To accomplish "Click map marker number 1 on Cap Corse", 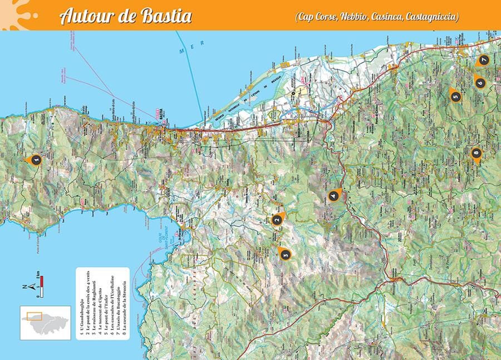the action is [x=35, y=160].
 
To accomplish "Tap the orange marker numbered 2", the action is [x=277, y=220].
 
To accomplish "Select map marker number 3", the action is [x=285, y=254].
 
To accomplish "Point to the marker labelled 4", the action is [x=333, y=195].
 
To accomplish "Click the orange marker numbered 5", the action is [x=455, y=96].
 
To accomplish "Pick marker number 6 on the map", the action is [x=480, y=82].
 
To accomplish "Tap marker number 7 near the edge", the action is [x=483, y=60].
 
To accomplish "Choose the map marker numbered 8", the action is [x=475, y=152].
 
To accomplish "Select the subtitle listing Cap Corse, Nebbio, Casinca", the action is [x=377, y=17].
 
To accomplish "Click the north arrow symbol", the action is [x=32, y=287].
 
